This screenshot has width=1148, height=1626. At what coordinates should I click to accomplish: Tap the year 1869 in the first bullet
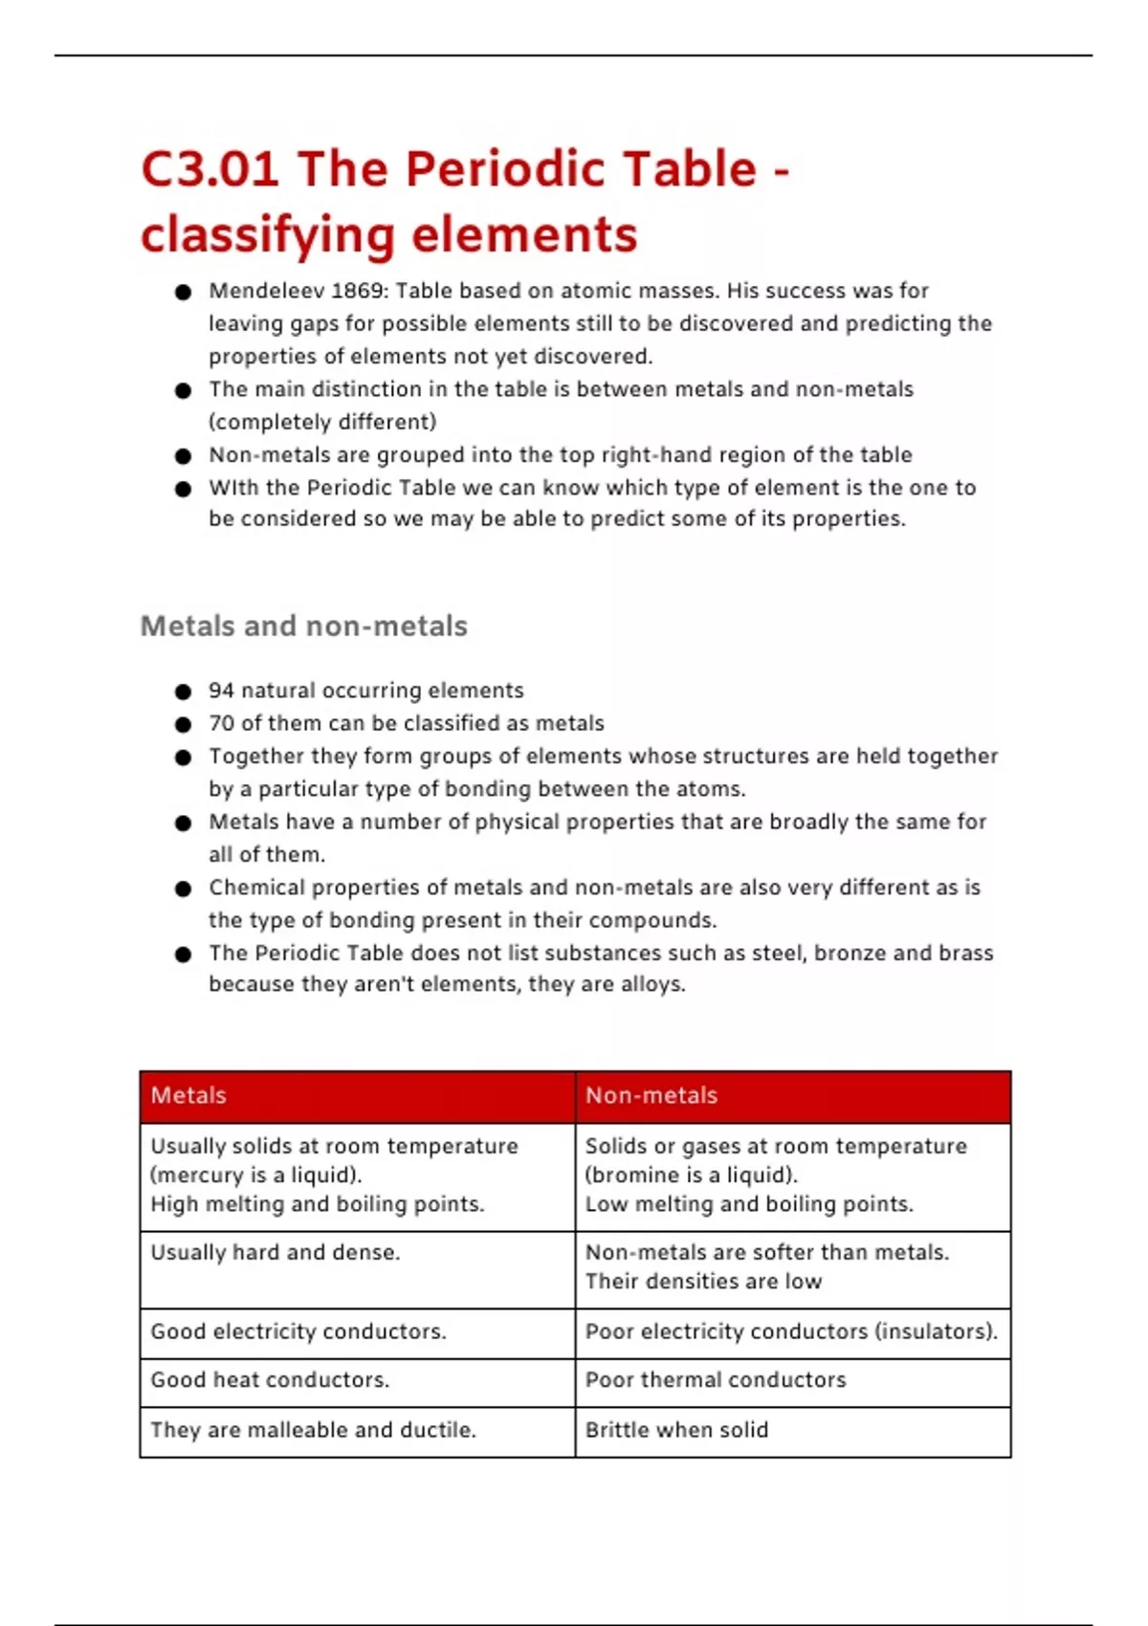359,291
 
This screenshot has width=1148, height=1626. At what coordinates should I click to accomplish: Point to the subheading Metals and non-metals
303,626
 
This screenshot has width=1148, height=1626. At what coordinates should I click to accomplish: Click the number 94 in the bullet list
221,691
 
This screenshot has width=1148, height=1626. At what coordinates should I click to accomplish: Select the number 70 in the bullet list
221,723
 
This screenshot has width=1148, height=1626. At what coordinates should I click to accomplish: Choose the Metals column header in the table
188,1095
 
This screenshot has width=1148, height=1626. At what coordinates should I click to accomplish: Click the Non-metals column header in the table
651,1095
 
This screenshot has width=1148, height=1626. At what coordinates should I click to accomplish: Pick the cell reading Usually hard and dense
276,1253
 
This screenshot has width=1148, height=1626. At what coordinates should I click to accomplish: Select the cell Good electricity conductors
298,1331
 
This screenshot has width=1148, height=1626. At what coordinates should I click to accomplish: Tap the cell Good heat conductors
270,1380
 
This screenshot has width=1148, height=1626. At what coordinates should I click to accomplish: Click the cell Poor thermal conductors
716,1380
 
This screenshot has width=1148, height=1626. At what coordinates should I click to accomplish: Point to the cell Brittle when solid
676,1430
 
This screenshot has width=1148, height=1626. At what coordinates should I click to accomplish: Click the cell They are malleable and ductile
313,1430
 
